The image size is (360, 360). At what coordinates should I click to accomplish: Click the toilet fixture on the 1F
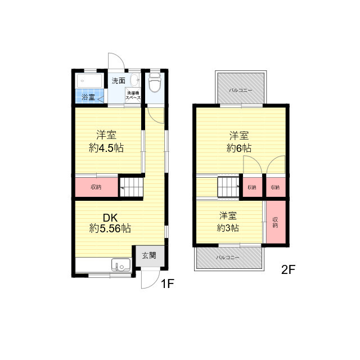click(155, 82)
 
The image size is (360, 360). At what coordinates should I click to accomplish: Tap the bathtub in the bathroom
click(89, 80)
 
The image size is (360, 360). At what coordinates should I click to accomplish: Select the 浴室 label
click(88, 97)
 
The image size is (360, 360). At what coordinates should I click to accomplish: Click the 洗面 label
click(119, 80)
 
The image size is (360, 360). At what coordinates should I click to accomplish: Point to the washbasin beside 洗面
click(135, 80)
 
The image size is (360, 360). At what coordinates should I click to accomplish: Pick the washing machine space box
click(133, 95)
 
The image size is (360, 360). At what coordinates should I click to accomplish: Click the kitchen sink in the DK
click(121, 265)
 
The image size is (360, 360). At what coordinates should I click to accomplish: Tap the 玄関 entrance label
click(149, 255)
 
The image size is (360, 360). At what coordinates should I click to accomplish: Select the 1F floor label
click(168, 283)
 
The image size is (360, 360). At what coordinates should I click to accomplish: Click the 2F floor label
click(288, 269)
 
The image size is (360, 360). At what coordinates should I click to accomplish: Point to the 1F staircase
click(131, 187)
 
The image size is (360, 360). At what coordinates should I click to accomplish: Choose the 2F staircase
click(229, 187)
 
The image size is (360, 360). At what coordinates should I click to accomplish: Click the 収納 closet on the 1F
click(96, 187)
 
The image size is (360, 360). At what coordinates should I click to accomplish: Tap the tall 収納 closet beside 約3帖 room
click(276, 222)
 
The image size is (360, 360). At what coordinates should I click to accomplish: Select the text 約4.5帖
click(106, 148)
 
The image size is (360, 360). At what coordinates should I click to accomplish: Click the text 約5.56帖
click(110, 228)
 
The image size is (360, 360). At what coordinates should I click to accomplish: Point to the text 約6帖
click(239, 148)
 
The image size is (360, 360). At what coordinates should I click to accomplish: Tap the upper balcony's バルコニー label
click(240, 90)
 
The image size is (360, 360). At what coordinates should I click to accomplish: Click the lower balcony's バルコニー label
click(228, 258)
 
